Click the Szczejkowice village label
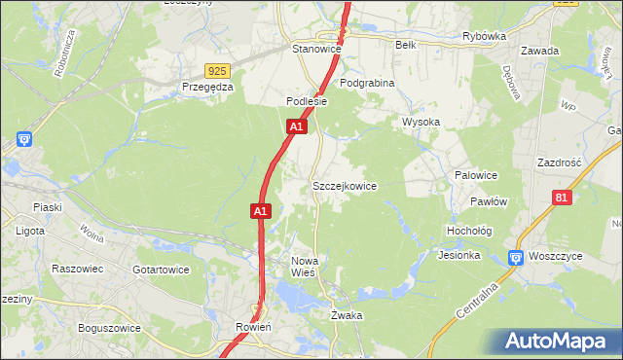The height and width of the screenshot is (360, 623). pyautogui.click(x=344, y=185)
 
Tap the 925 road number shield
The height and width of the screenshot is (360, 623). pyautogui.click(x=217, y=71)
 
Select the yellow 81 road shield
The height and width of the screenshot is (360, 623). pyautogui.click(x=561, y=198)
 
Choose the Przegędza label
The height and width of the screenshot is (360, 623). pyautogui.click(x=207, y=87)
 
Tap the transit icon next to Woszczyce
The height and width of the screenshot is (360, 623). pyautogui.click(x=515, y=258)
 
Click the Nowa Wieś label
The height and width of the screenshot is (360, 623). pyautogui.click(x=305, y=267)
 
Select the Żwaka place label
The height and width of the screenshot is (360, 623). pyautogui.click(x=347, y=315)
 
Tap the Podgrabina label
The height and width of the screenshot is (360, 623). pyautogui.click(x=367, y=84)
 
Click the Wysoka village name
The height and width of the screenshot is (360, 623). pyautogui.click(x=421, y=122)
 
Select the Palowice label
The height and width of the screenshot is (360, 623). pyautogui.click(x=476, y=175)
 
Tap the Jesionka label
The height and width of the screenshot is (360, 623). pyautogui.click(x=459, y=256)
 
